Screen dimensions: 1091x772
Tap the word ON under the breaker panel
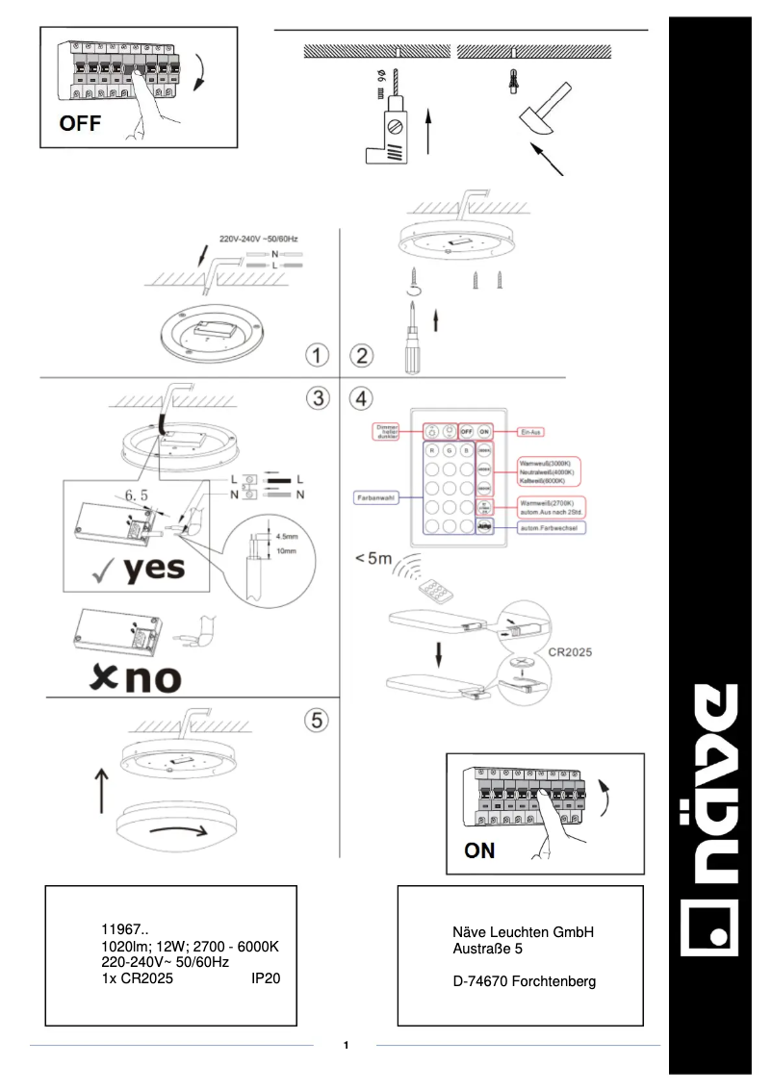pyautogui.click(x=479, y=850)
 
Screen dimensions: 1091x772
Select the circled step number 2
pyautogui.click(x=361, y=355)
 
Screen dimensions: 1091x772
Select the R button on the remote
pyautogui.click(x=434, y=450)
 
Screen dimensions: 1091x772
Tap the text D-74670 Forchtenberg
pyautogui.click(x=524, y=981)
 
